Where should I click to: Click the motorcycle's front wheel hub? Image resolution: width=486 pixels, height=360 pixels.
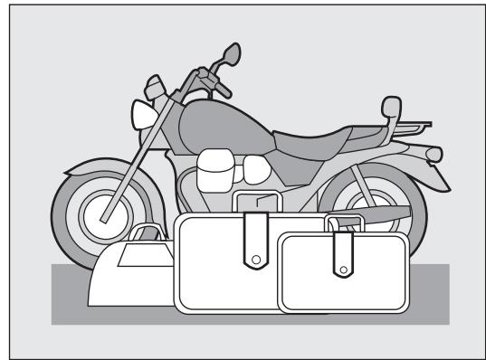100,217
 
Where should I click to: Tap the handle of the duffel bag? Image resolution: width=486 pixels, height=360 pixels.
146,236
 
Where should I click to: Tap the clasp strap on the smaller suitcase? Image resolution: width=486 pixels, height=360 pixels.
343,253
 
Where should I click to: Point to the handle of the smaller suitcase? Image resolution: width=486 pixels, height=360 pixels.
346,219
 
